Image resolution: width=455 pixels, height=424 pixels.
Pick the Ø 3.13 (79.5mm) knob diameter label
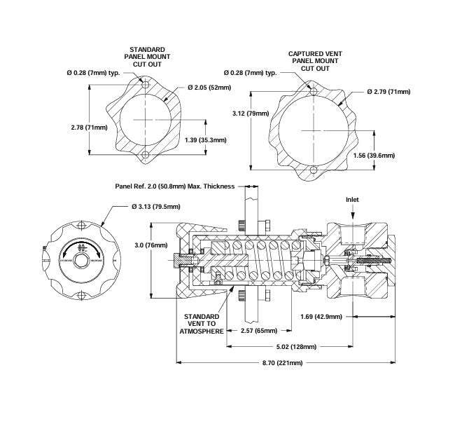coord(155,206)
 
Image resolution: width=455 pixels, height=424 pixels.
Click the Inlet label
coord(351,199)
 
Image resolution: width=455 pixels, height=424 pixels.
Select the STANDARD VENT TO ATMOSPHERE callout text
coord(202,325)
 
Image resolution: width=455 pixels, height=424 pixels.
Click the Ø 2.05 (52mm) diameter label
coord(209,87)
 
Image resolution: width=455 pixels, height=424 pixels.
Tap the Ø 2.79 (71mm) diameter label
coord(391,92)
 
